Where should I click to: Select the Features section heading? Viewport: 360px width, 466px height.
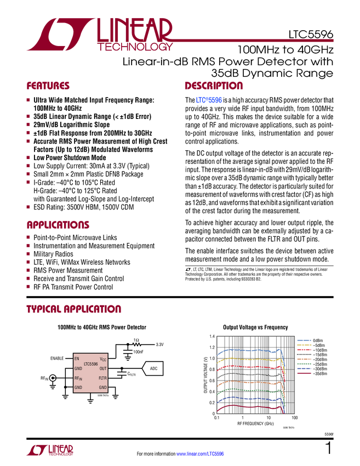(48, 86)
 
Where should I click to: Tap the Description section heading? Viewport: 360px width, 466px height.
(214, 86)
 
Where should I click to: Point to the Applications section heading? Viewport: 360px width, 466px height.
(58, 225)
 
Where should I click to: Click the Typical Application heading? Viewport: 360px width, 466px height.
(73, 309)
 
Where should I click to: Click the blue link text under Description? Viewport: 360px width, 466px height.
(209, 100)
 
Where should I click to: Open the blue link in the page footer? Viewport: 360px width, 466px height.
(201, 453)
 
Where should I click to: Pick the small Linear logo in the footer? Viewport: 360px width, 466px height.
(49, 450)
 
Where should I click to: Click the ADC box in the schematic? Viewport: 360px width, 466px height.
(153, 368)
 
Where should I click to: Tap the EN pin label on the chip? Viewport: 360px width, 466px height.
(77, 359)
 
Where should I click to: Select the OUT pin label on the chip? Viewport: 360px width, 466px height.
(103, 369)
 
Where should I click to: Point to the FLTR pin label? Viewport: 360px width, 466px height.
(102, 378)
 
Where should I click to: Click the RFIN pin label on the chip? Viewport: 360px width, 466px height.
(78, 378)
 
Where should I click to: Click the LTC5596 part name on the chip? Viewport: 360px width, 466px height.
(90, 363)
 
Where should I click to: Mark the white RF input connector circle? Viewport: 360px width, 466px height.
(53, 378)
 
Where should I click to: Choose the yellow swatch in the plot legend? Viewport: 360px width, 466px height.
(304, 345)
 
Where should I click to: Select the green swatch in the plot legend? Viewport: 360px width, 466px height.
(304, 363)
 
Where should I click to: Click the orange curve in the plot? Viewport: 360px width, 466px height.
(252, 384)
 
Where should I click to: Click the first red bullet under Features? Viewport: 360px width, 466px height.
(28, 100)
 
